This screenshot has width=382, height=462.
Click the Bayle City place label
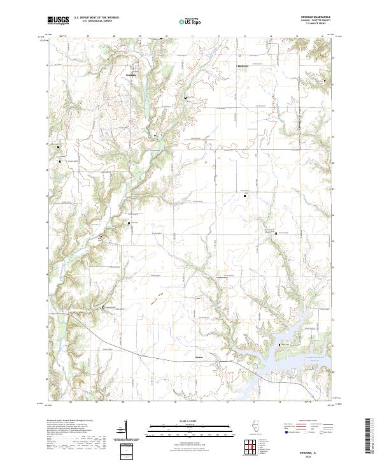pyautogui.click(x=243, y=66)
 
